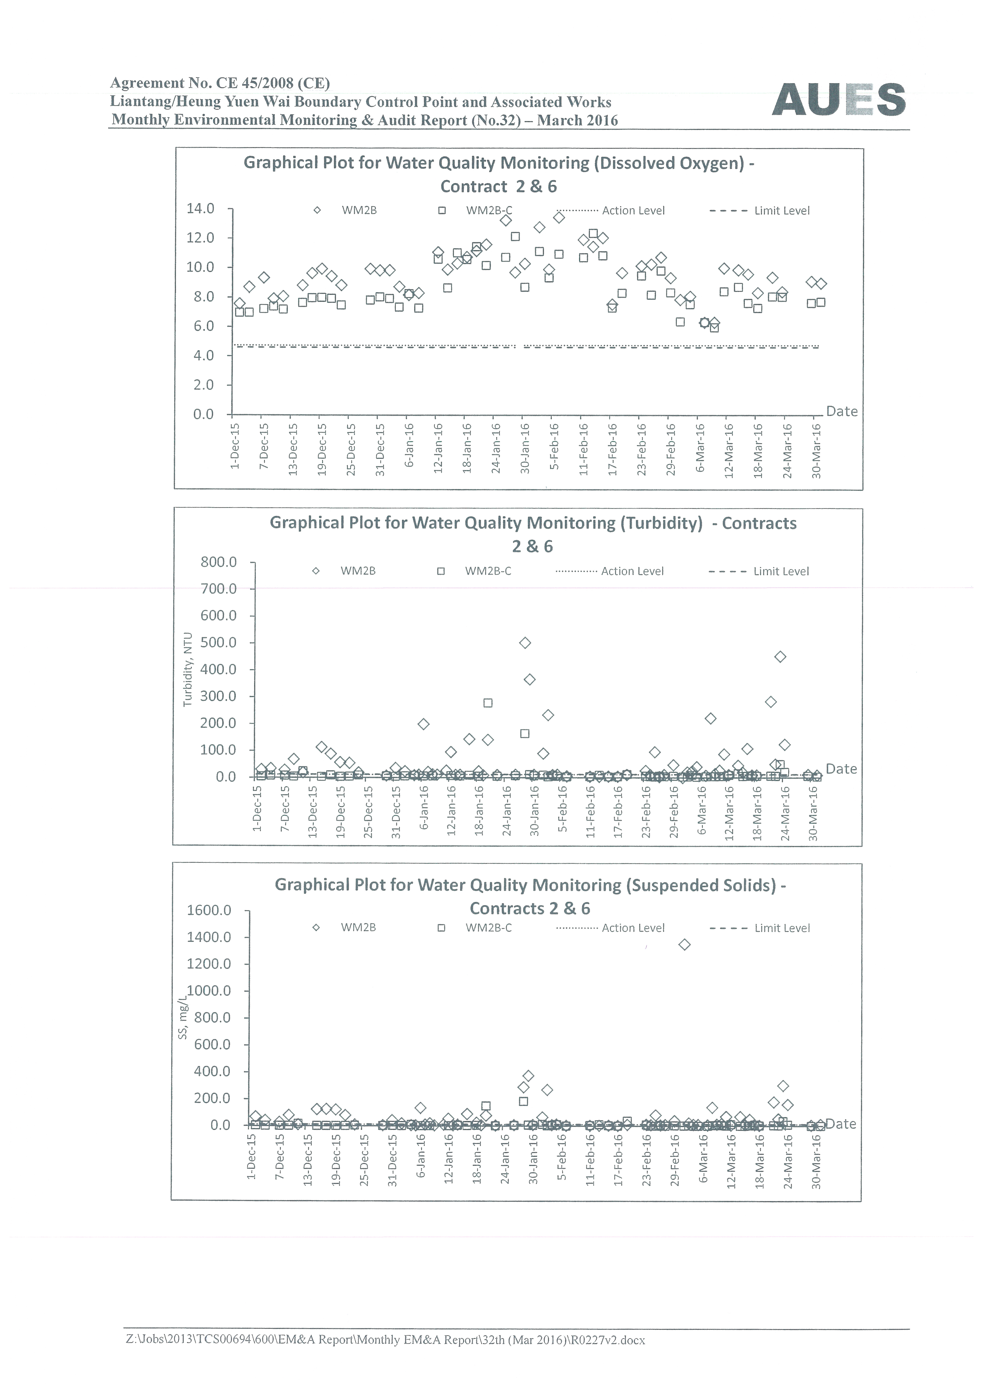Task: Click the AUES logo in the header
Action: point(839,100)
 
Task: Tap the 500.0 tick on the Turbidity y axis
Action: point(219,642)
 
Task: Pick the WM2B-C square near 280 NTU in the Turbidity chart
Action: point(487,703)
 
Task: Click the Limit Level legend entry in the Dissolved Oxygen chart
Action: point(760,211)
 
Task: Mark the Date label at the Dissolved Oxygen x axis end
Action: point(842,411)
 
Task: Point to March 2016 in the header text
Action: point(577,120)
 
